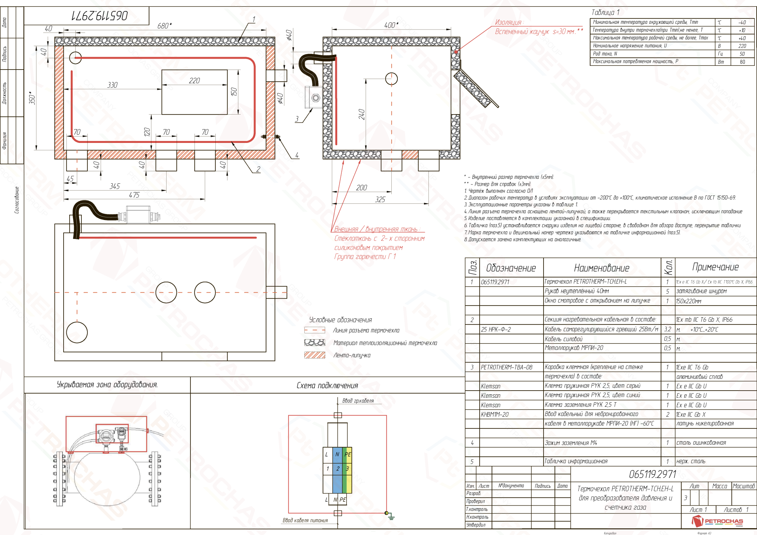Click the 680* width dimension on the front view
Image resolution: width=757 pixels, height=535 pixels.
point(164,26)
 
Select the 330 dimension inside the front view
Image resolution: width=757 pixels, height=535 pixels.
point(112,85)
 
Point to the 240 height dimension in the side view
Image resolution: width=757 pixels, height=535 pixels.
point(361,114)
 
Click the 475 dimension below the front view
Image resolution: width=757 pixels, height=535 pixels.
point(134,195)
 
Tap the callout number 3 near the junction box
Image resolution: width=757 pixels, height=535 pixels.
point(297,119)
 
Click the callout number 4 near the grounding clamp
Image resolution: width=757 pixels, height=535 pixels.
point(297,155)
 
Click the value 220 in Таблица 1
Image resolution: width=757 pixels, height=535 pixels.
point(742,46)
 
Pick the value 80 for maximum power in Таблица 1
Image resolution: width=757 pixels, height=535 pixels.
point(742,62)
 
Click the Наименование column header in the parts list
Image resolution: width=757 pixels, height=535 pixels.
point(601,268)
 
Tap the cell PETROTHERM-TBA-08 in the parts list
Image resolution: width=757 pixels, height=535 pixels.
point(506,367)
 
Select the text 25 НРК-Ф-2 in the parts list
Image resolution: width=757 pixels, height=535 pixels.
point(496,329)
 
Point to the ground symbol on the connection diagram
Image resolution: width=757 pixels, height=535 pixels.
point(391,517)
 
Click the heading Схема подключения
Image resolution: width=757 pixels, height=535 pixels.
point(327,385)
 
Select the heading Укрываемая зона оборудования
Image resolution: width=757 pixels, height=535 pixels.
point(107,385)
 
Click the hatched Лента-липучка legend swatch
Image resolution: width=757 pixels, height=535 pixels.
point(315,355)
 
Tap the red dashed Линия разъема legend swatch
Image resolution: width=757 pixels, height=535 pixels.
point(315,330)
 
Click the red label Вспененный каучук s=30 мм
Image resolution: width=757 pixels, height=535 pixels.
point(535,32)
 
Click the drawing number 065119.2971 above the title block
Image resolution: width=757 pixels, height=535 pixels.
point(652,474)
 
